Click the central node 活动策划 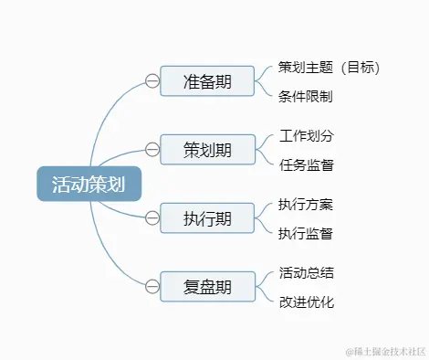point(89,184)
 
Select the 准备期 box point(207,80)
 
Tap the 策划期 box point(207,149)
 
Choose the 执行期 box point(207,217)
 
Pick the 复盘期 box point(207,286)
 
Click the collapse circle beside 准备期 point(152,80)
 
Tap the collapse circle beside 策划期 point(152,149)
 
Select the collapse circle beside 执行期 point(152,217)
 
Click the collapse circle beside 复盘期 point(152,286)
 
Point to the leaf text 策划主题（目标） point(329,68)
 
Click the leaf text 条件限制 point(306,95)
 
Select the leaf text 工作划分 point(306,136)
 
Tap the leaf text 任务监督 point(306,164)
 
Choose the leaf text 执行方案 point(306,205)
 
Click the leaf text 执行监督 point(306,233)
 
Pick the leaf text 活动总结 point(306,273)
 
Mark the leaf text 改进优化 point(306,302)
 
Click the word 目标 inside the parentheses point(358,68)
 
